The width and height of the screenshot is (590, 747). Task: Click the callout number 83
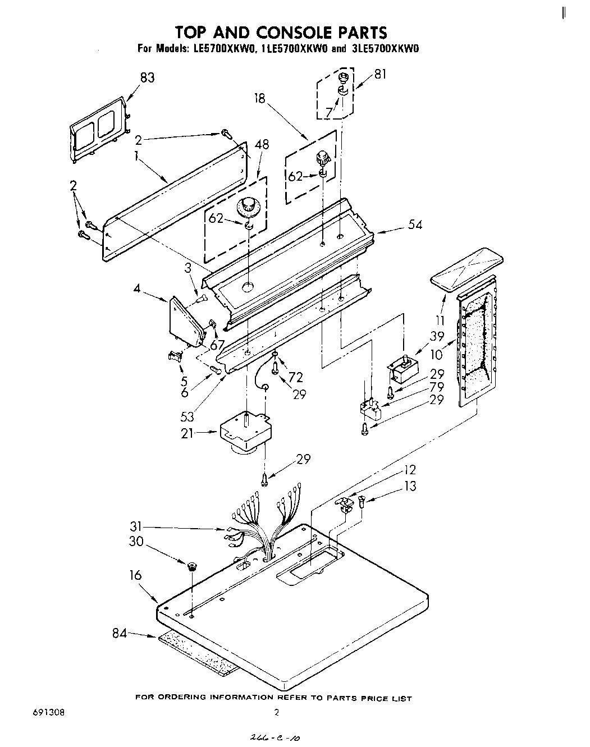click(x=147, y=78)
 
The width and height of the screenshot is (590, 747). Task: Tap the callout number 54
click(x=415, y=225)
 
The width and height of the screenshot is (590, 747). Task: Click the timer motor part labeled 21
click(x=244, y=430)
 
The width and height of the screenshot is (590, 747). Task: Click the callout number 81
click(x=380, y=74)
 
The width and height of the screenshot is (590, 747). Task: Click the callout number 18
click(x=259, y=99)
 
